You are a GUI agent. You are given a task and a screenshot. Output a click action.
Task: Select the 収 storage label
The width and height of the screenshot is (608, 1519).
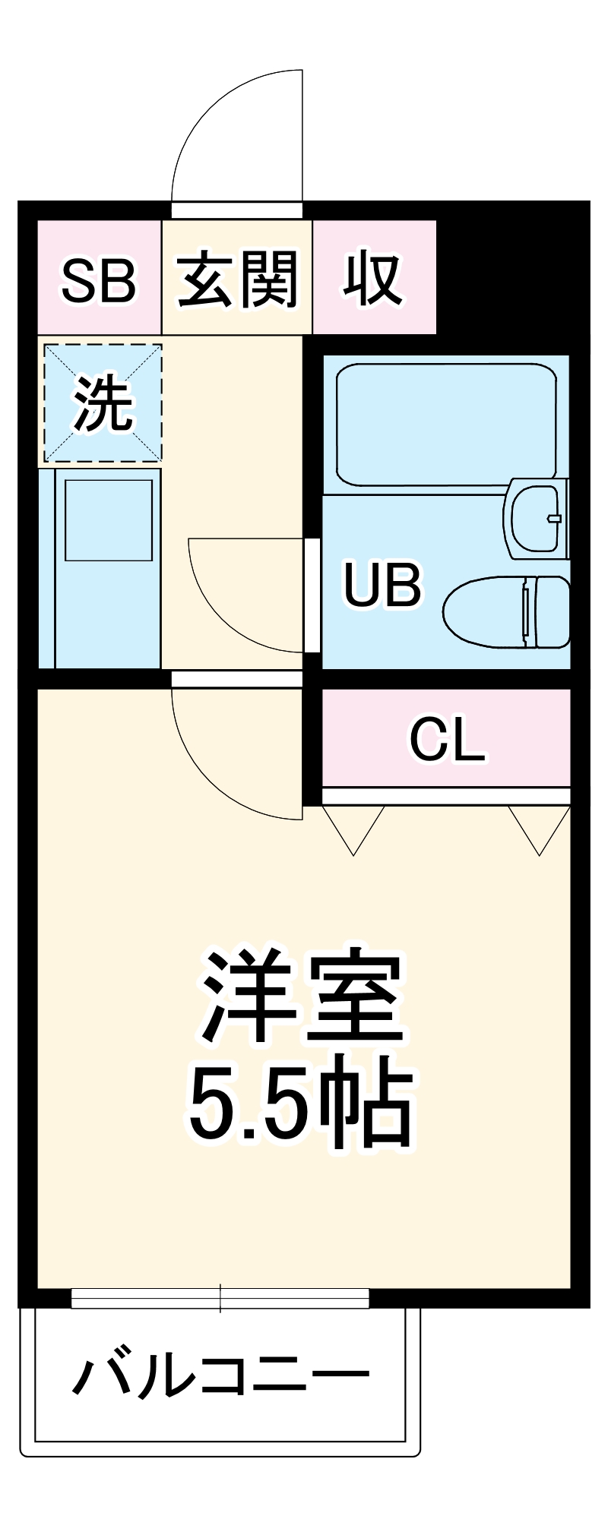tap(372, 278)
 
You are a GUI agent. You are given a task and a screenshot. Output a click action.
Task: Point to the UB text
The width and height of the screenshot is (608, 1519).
tap(382, 584)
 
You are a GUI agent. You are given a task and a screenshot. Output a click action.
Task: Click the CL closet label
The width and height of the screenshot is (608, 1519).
tap(447, 740)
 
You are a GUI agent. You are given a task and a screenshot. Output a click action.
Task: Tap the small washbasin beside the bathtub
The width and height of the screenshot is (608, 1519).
tap(537, 519)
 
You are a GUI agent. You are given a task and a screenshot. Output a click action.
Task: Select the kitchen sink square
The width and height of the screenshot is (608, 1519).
tap(108, 520)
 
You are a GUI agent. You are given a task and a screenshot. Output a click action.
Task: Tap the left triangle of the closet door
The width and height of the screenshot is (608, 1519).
tap(353, 828)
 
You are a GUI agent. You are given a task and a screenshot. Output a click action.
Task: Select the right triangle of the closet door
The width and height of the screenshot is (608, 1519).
tap(540, 828)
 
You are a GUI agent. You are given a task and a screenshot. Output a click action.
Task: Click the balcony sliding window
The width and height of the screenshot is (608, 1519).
tap(220, 1298)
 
